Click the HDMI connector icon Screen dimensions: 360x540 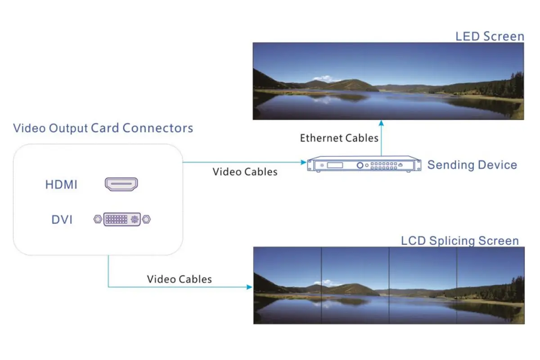pos(121,184)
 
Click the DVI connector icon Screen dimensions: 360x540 pos(122,219)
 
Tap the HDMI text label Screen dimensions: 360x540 pos(61,184)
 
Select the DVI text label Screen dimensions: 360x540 pos(62,220)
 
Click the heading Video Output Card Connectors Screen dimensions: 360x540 pos(103,128)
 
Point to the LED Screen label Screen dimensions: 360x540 pos(490,36)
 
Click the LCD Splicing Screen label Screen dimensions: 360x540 pos(459,241)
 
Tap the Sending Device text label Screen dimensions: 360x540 pos(472,165)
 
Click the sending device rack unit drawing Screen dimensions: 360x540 pos(364,165)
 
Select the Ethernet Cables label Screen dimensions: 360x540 pos(339,138)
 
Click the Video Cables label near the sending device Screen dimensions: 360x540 pos(245,171)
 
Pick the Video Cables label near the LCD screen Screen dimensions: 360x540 pos(179,279)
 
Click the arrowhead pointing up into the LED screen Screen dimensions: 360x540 pos(382,122)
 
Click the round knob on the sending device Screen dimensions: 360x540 pos(360,165)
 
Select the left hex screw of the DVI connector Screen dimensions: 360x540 pos(98,220)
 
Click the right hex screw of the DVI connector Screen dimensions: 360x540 pos(146,220)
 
